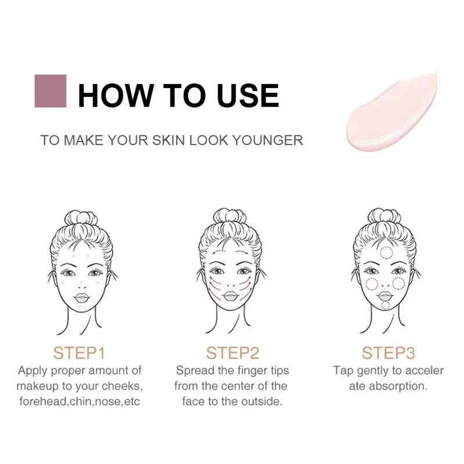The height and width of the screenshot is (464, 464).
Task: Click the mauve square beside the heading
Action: [50, 91]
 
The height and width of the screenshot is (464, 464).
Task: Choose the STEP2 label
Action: [233, 353]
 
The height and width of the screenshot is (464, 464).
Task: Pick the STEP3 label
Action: [388, 353]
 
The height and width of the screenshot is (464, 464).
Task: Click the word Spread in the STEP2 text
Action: [195, 370]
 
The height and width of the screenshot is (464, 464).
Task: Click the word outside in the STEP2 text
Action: [262, 401]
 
